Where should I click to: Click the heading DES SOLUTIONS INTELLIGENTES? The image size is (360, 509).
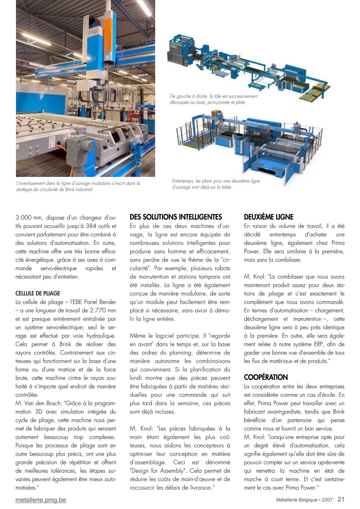pos(176,217)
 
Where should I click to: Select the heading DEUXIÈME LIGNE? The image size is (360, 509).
pos(268,217)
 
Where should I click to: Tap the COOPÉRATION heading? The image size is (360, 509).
pos(266,377)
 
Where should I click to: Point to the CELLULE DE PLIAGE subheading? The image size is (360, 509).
pos(38,293)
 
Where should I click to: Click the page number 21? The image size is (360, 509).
pos(341,499)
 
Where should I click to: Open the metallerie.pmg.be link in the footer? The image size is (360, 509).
pos(40,500)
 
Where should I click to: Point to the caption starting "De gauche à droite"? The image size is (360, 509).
pos(213,99)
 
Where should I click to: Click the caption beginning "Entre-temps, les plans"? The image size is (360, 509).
pos(216,184)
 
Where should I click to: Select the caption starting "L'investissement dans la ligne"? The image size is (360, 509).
pos(78,186)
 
